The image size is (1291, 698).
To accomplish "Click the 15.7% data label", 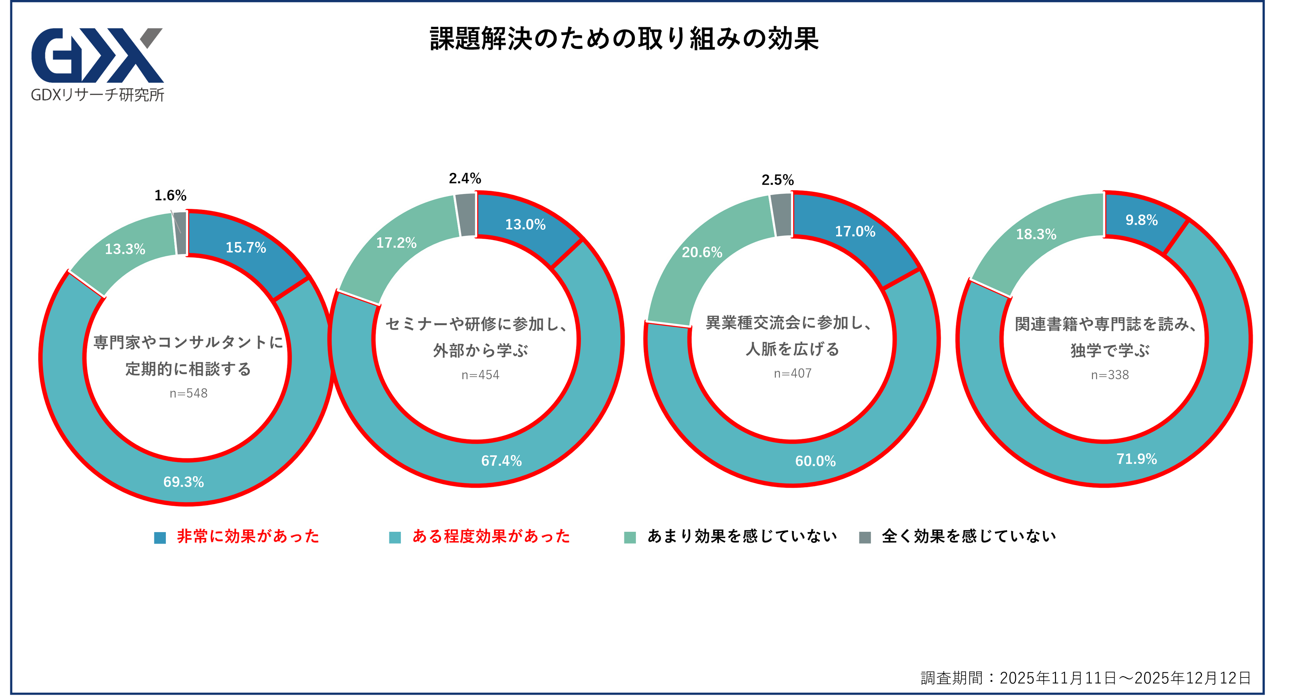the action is coord(246,248).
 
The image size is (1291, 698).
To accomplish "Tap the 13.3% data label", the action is coord(125,249).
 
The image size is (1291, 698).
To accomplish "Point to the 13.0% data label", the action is coord(525,224).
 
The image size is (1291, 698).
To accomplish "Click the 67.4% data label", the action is coord(501,461).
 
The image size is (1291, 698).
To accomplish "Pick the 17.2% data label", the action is coord(396,243).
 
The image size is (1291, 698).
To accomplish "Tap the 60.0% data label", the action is coord(815,461).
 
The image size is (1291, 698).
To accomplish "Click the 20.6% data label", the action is coord(702,252).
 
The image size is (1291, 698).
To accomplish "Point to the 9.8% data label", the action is coord(1141,220).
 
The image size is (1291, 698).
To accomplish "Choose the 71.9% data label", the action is coord(1136,459).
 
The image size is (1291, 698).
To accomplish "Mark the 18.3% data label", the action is coord(1035,234).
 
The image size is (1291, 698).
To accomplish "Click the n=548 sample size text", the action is coord(188,394).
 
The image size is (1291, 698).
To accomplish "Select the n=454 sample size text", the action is coord(480,375).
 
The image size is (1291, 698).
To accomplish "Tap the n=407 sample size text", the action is coord(792,374).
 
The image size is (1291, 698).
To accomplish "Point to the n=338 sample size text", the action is coord(1110,375).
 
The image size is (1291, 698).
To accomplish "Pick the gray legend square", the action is coord(865,537).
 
